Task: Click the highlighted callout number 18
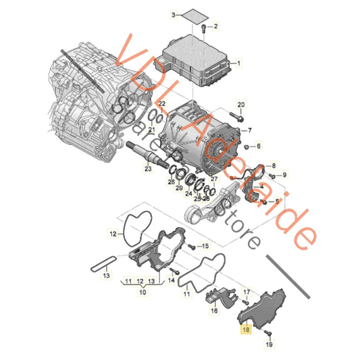coord(245,331)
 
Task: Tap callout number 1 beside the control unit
coord(238,63)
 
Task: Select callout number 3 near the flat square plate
coord(154,14)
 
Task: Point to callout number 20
coord(242,104)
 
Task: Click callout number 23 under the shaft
coord(148,169)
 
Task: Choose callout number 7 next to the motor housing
coord(258,146)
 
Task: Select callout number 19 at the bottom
coord(269,344)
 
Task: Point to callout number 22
coord(162,102)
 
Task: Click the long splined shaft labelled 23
coord(142,152)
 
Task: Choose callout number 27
coord(213,179)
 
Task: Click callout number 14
coord(172,280)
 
